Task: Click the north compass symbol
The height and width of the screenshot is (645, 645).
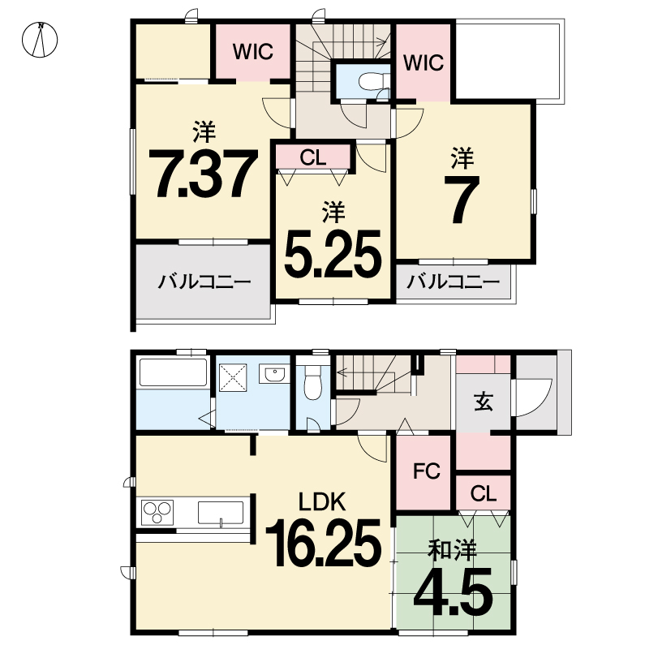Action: [x=40, y=40]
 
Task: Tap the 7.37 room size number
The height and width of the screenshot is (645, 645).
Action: [x=203, y=173]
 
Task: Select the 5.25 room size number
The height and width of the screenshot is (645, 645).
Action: [x=333, y=253]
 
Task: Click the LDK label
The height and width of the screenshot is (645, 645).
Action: [x=321, y=501]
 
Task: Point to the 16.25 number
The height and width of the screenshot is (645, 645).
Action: [x=324, y=543]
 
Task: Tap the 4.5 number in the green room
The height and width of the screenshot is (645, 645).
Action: [x=453, y=591]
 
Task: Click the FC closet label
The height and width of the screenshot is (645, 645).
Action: [x=427, y=471]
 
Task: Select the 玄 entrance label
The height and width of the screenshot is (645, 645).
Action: [x=484, y=402]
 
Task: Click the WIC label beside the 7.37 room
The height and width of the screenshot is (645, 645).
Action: [x=253, y=52]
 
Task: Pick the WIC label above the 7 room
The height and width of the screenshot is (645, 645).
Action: [x=424, y=62]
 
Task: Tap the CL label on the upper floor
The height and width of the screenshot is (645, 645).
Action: [x=313, y=157]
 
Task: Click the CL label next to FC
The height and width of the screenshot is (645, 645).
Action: [x=484, y=493]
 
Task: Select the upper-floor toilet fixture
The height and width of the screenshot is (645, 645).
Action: [x=373, y=81]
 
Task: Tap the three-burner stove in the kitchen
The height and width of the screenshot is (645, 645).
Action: [x=157, y=513]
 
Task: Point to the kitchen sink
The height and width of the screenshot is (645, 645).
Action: [x=221, y=513]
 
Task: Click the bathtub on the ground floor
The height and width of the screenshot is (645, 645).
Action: [x=173, y=372]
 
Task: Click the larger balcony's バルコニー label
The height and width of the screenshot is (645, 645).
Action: [x=204, y=282]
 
